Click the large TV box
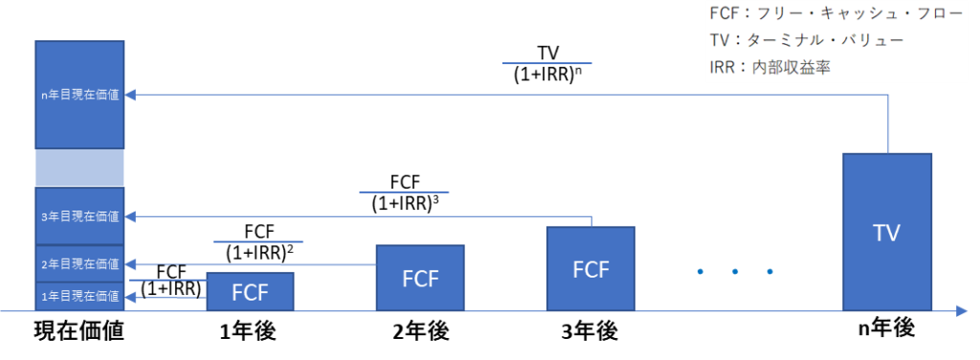(887, 232)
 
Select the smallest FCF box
(250, 292)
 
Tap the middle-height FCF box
(420, 278)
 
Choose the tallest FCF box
(590, 268)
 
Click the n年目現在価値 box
(79, 95)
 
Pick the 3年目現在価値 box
(79, 216)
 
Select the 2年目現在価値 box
(79, 263)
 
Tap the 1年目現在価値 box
(79, 296)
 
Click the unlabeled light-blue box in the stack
(79, 168)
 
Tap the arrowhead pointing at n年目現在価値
(132, 95)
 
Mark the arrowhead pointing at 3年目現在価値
(132, 216)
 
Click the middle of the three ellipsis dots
(735, 272)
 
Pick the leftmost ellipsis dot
(701, 272)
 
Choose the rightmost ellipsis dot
(769, 272)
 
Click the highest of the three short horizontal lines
(546, 63)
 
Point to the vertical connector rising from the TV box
(889, 124)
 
